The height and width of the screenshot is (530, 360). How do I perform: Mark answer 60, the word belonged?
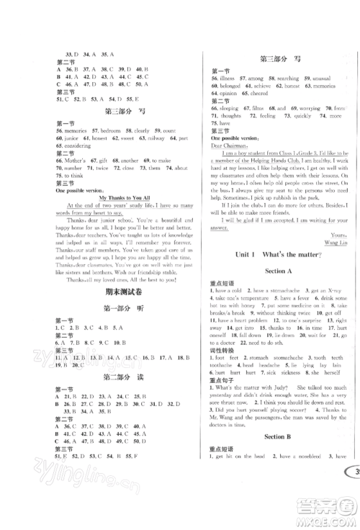[x=228, y=86]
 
